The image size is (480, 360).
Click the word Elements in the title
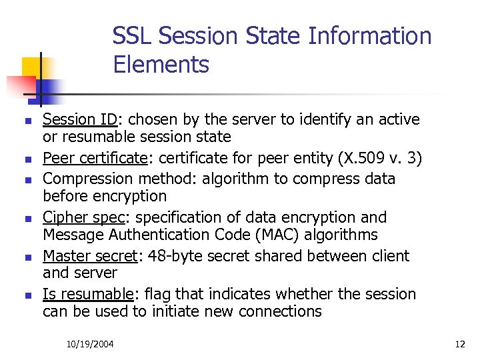(x=161, y=65)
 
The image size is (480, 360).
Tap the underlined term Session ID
(x=80, y=120)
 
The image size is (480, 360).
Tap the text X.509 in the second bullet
(x=360, y=159)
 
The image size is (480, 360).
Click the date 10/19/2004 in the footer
(x=90, y=344)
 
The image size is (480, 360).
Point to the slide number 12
(x=459, y=344)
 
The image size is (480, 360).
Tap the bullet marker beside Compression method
(x=27, y=180)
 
